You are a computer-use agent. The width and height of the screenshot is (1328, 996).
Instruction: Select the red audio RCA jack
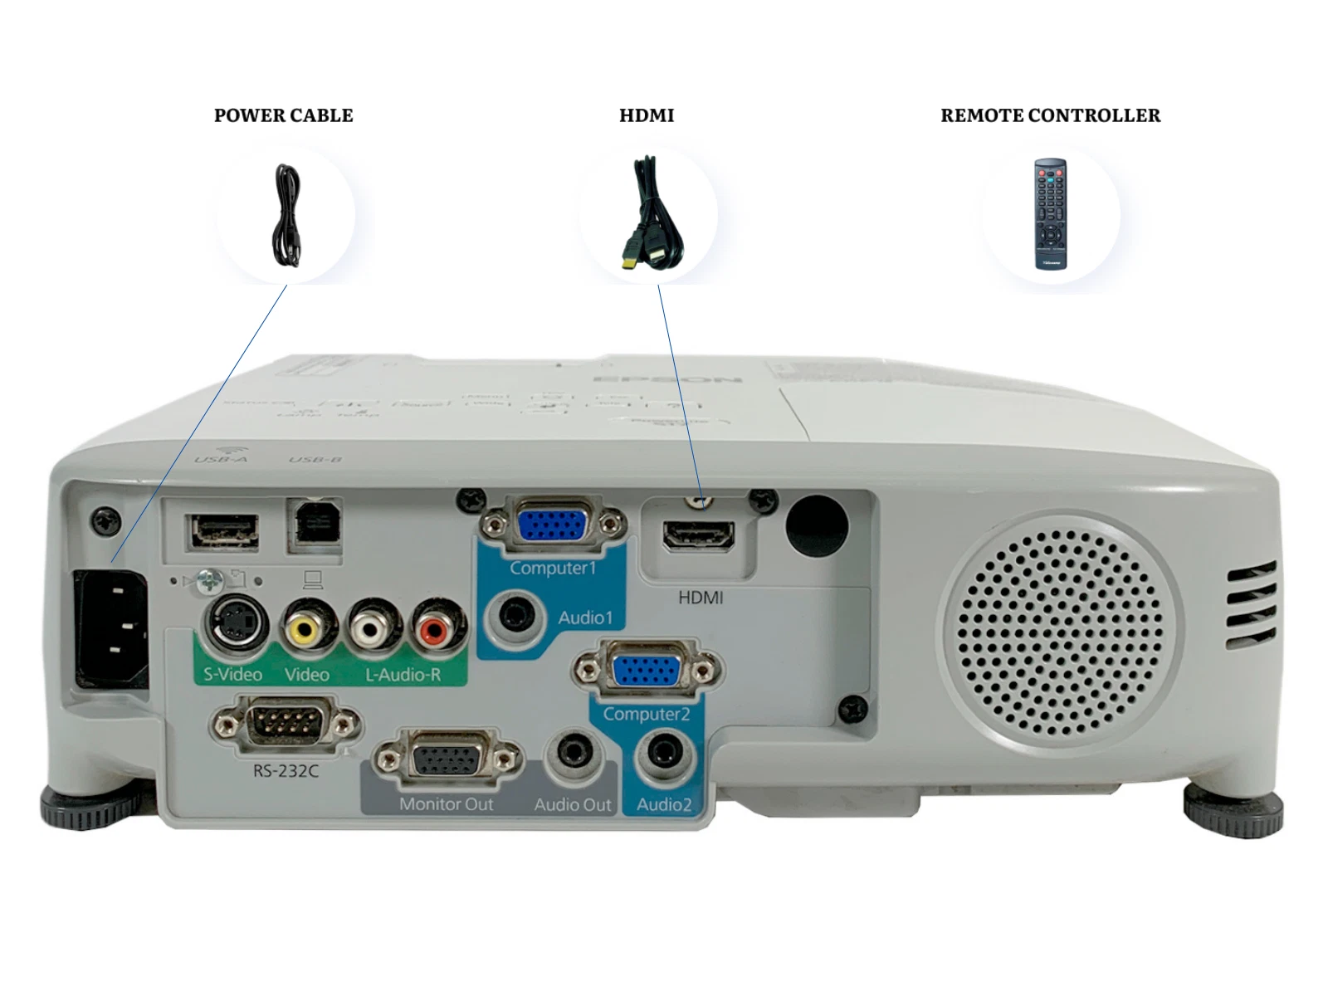click(x=434, y=630)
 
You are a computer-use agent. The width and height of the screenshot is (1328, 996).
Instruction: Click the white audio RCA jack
click(x=369, y=630)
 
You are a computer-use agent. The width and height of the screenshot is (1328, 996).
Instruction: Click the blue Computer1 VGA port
click(x=551, y=526)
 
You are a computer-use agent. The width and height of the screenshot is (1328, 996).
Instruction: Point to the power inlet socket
click(x=112, y=628)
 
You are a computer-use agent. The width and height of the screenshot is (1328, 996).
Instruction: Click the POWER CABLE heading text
click(x=283, y=115)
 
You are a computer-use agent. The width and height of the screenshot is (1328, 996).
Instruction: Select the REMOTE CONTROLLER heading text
click(x=1050, y=115)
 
